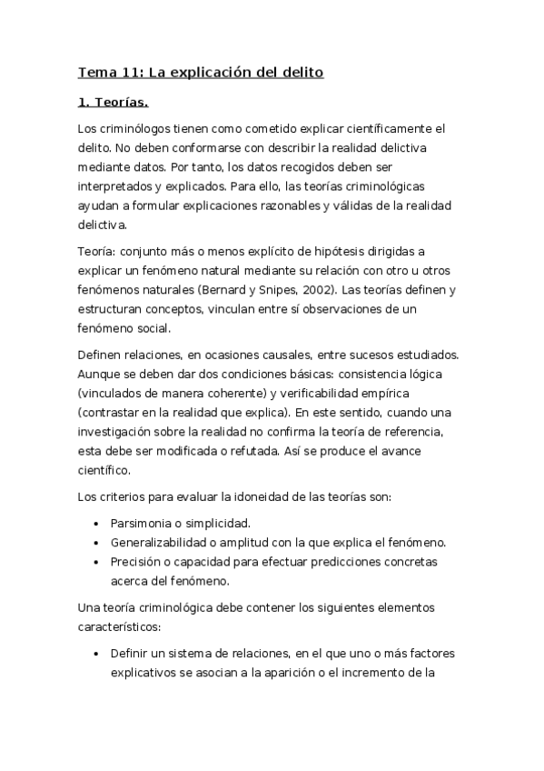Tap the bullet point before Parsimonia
click(x=97, y=525)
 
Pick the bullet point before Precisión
click(x=97, y=562)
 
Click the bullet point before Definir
click(x=97, y=655)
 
